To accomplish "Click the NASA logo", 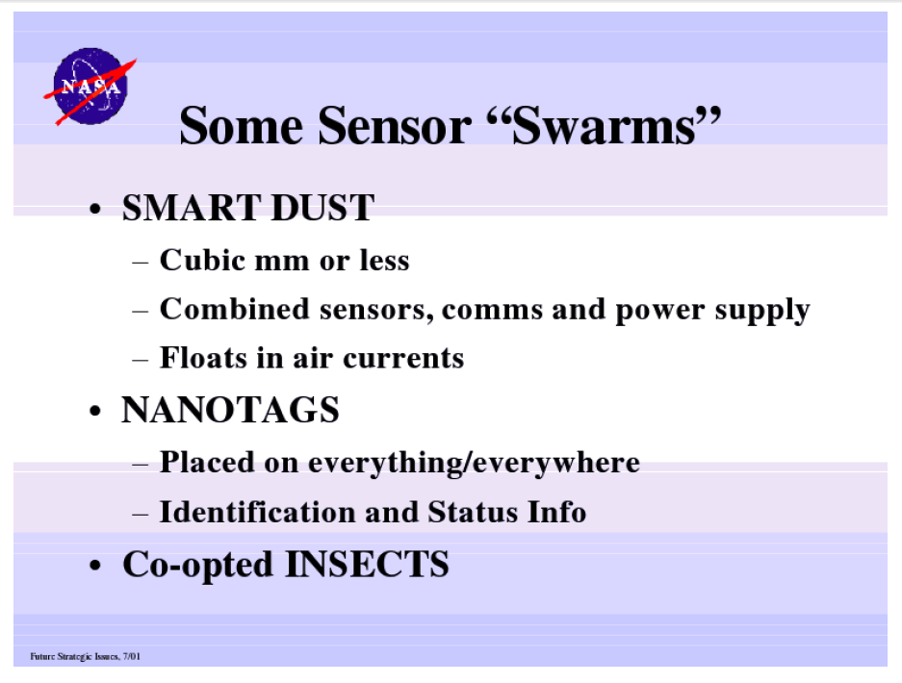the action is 90,87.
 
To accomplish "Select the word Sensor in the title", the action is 394,125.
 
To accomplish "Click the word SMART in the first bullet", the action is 192,208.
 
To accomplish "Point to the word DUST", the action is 322,208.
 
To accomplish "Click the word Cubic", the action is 203,260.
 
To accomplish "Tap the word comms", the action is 493,312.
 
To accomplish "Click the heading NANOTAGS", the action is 230,410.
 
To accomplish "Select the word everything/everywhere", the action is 474,464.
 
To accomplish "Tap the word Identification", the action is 258,512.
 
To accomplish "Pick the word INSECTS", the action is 367,564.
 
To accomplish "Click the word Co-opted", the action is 198,566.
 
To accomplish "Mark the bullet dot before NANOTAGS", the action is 95,412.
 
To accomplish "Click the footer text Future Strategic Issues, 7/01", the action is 85,656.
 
